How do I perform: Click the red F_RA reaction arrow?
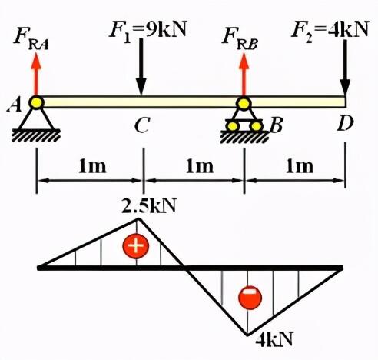[36, 75]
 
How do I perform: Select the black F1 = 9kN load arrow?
[141, 67]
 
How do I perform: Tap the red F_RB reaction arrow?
[244, 75]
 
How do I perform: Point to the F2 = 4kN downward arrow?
[345, 68]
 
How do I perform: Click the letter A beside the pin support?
[15, 105]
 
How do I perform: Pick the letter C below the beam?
[141, 125]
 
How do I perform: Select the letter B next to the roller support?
[276, 125]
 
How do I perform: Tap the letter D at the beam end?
[345, 123]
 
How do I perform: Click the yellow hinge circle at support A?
[36, 102]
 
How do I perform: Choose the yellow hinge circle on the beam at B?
[244, 103]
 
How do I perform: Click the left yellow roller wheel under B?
[233, 126]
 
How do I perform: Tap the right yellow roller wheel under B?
[256, 126]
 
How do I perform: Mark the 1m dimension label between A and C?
[92, 166]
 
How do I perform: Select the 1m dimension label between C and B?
[200, 166]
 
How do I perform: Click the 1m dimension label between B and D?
[300, 166]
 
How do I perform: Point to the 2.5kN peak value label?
[149, 205]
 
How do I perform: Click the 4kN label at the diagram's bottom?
[274, 339]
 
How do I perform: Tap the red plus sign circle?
[136, 245]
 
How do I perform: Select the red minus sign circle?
[250, 298]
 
